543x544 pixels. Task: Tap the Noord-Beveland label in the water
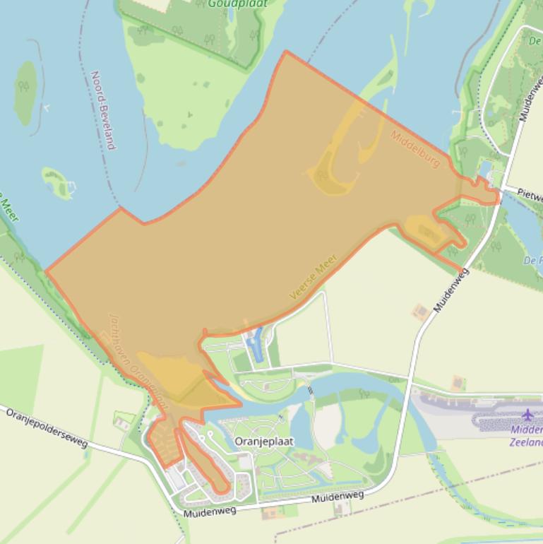point(103,110)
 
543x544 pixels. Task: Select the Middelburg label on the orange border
point(416,149)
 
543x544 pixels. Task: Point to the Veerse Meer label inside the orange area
point(314,278)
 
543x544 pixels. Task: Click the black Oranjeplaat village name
point(263,442)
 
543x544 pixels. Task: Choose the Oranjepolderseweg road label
point(47,427)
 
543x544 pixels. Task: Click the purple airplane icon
point(527,414)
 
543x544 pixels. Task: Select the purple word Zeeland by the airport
point(525,443)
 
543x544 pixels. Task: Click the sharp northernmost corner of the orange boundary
point(285,52)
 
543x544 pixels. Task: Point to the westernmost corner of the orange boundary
point(47,271)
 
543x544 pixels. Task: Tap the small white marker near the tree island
point(46,107)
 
